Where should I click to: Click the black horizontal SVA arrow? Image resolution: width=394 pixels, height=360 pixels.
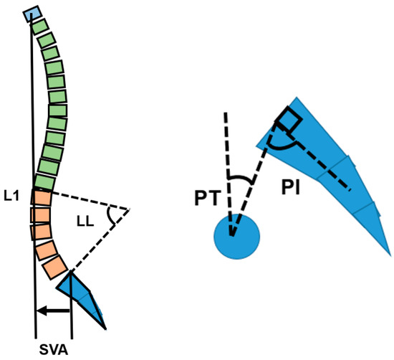[x=54, y=311]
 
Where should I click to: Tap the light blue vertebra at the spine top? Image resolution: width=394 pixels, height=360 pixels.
[x=32, y=14]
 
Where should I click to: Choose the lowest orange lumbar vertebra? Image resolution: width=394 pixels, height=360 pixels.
[x=55, y=267]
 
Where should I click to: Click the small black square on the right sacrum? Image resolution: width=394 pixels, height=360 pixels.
[x=288, y=120]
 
